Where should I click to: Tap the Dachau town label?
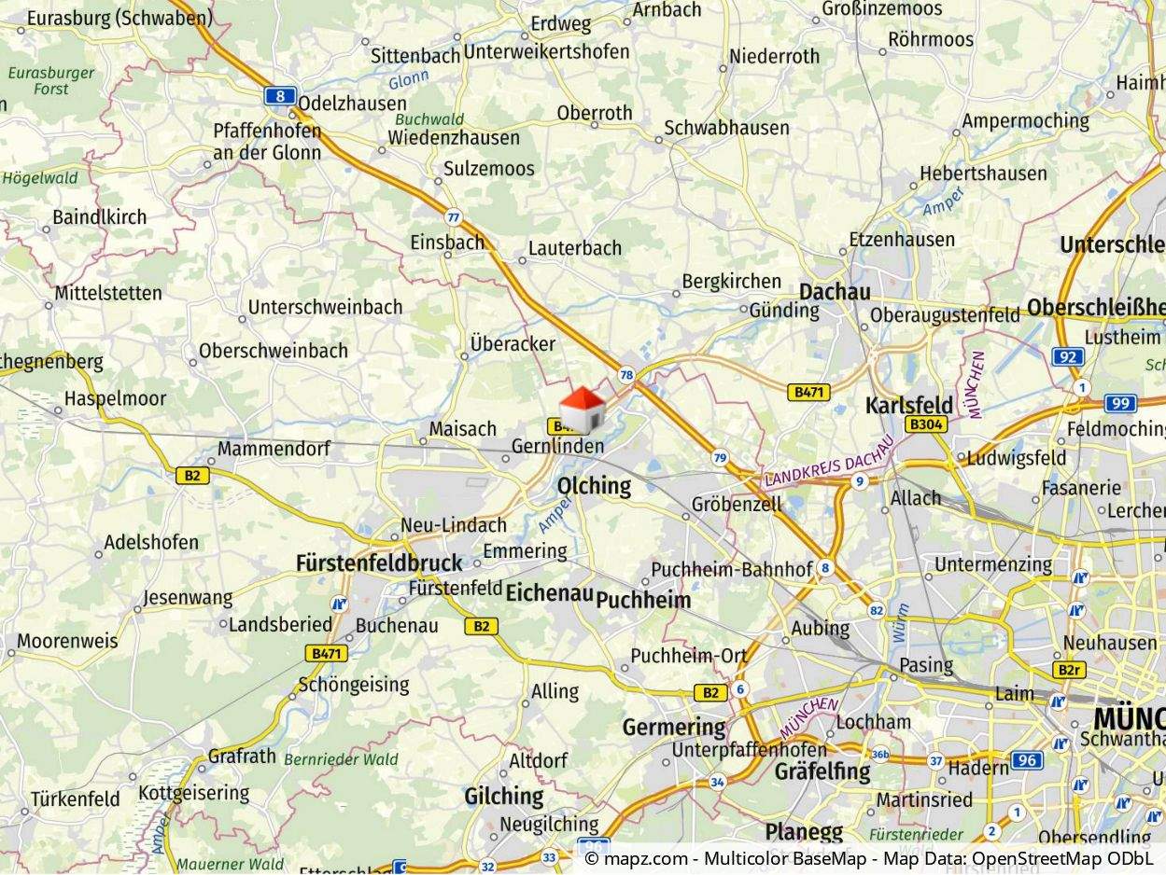click(835, 291)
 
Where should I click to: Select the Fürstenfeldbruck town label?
click(379, 562)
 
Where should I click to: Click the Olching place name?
click(594, 485)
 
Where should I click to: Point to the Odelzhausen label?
click(353, 104)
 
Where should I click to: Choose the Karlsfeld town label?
click(908, 405)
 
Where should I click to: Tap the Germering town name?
click(674, 726)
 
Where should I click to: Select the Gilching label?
click(504, 796)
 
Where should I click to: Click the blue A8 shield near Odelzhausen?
click(280, 95)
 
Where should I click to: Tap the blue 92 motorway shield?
click(1067, 355)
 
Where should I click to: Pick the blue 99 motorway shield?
click(1120, 403)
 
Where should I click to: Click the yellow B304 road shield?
click(926, 424)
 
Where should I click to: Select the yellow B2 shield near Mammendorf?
click(192, 475)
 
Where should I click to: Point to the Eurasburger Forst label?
click(51, 80)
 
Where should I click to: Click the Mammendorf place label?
click(274, 449)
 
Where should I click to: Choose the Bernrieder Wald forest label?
click(341, 759)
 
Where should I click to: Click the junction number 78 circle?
click(625, 375)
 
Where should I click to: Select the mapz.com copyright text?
click(868, 858)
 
